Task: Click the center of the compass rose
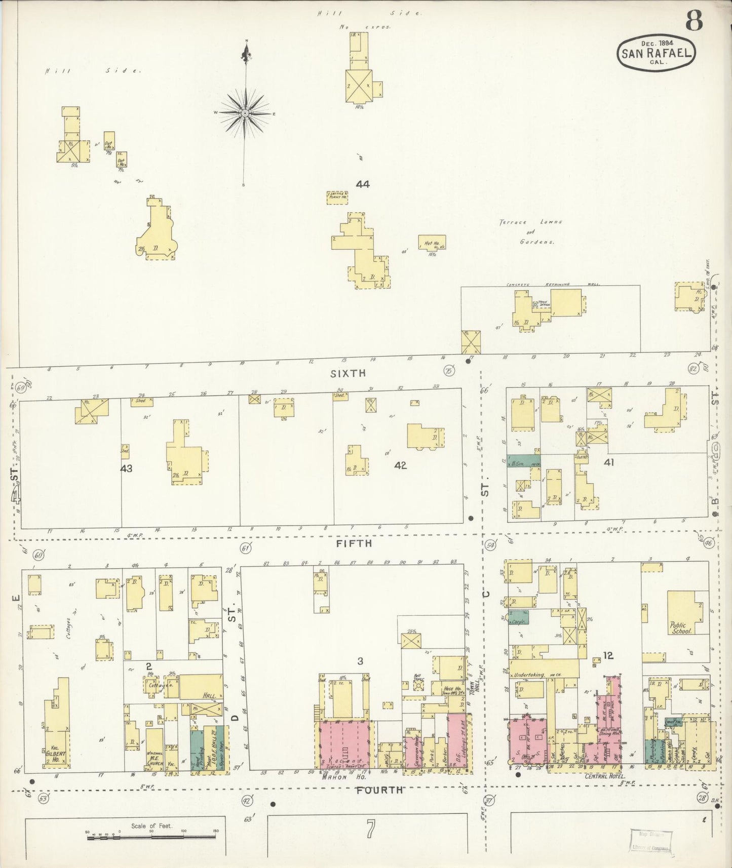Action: pos(245,113)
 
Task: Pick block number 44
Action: pos(362,184)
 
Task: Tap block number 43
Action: pos(126,468)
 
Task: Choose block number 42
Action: pos(400,465)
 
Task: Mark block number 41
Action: pos(608,462)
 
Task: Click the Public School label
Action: pos(680,628)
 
